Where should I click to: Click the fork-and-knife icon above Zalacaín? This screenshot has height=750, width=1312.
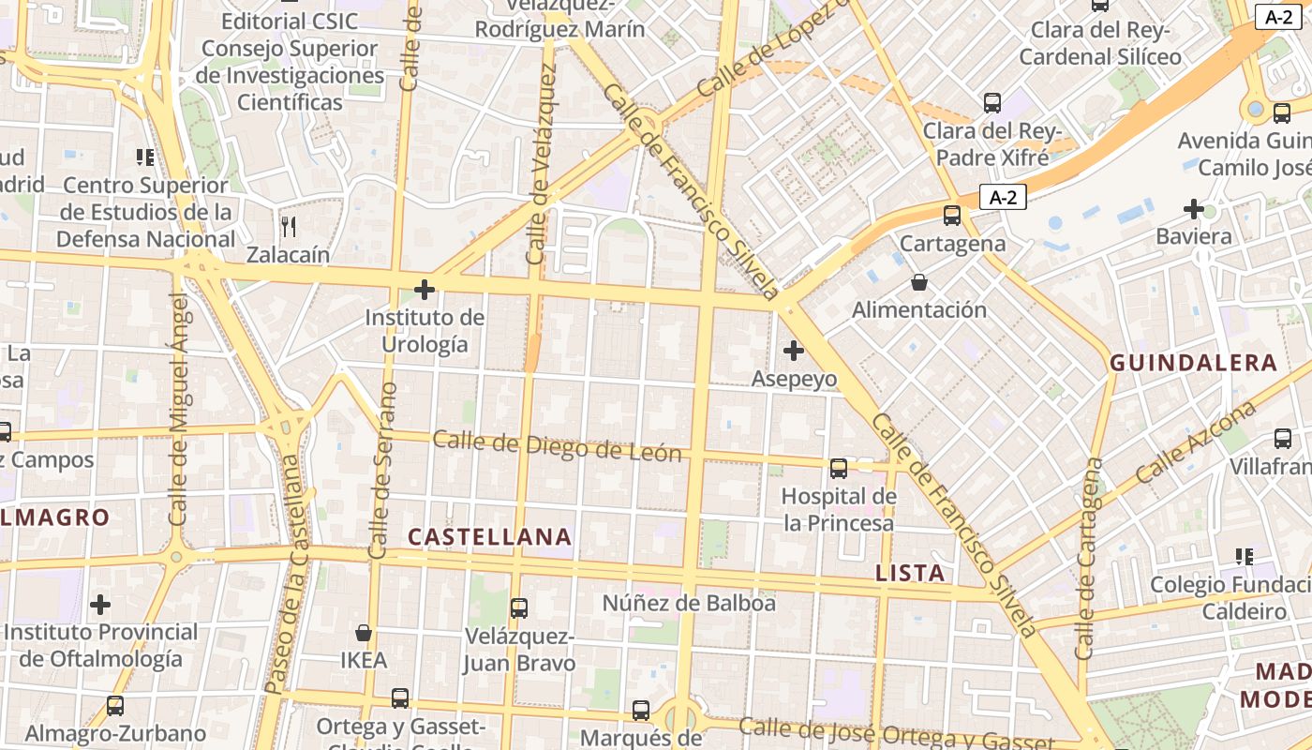coord(289,226)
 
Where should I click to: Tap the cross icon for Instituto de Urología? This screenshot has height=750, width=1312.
coord(425,290)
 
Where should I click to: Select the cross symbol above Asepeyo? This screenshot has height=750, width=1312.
coord(794,351)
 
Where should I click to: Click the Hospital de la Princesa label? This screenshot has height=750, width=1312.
coord(839,509)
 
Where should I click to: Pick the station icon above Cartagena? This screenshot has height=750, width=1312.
coord(952,216)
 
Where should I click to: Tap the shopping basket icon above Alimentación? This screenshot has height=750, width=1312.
coord(919,282)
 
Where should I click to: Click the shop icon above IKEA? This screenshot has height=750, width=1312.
coord(364,633)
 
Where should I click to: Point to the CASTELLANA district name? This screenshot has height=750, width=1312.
coord(490,537)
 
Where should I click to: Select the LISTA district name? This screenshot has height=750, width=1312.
coord(910,573)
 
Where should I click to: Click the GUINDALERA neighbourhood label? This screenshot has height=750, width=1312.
coord(1193,363)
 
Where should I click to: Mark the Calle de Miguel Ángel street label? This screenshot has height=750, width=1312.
coord(178,409)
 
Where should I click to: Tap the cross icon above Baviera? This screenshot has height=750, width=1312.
coord(1193,208)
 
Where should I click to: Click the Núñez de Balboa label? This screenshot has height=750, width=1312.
coord(689,603)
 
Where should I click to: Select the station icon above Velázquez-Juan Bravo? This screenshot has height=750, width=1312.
coord(519,607)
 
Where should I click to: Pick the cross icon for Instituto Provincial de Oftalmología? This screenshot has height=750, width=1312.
coord(100,605)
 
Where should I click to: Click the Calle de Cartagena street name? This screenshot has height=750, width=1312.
coord(1088,559)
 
